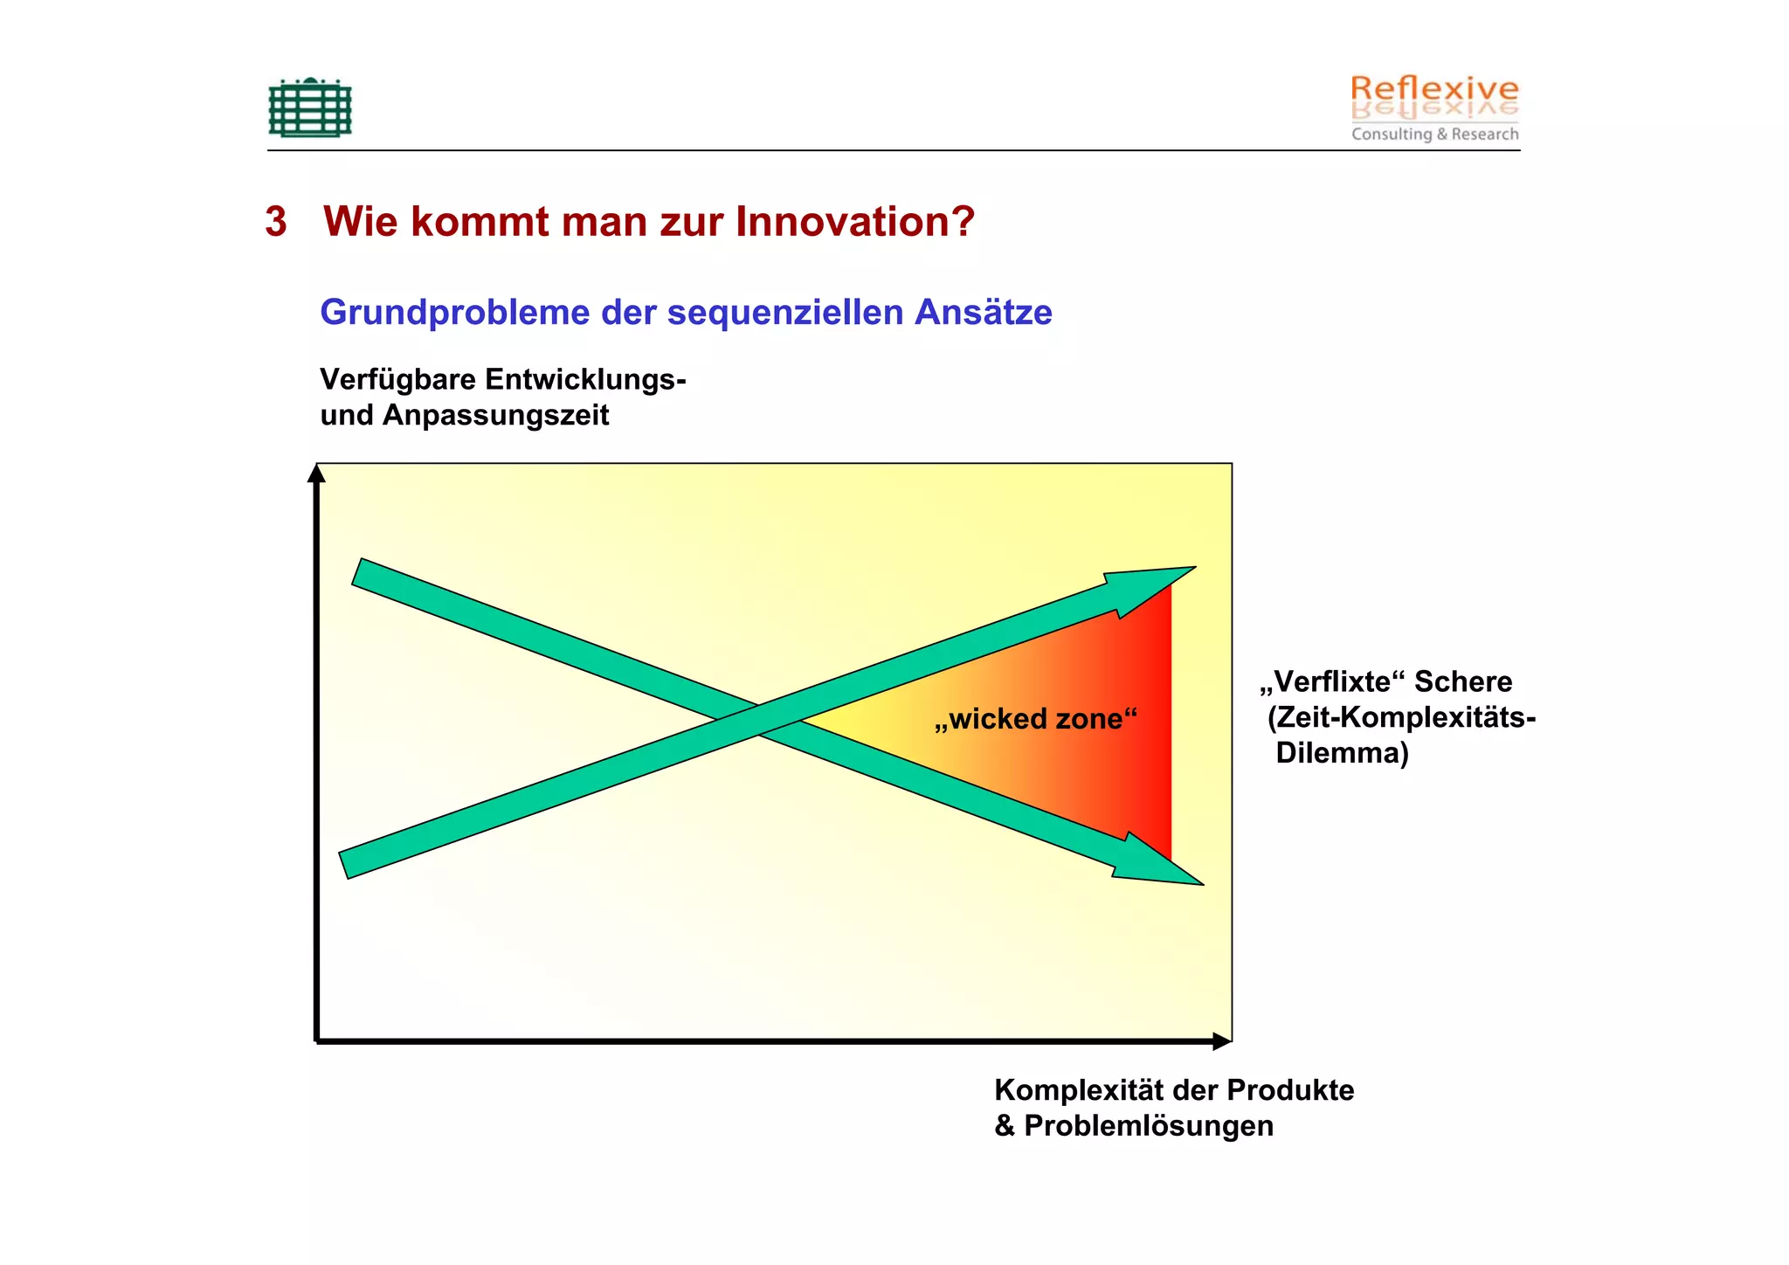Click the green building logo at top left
pyautogui.click(x=310, y=108)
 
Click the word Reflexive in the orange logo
pyautogui.click(x=1433, y=89)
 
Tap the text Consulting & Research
pyautogui.click(x=1434, y=134)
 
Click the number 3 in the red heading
pyautogui.click(x=276, y=222)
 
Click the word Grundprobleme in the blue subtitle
pyautogui.click(x=454, y=313)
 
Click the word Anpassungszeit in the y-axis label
pyautogui.click(x=495, y=415)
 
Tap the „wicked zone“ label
pyautogui.click(x=1035, y=719)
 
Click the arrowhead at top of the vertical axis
pyautogui.click(x=316, y=474)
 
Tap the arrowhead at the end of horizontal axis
pyautogui.click(x=1221, y=1041)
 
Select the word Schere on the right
pyautogui.click(x=1463, y=681)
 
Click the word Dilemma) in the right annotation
pyautogui.click(x=1342, y=753)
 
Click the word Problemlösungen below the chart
pyautogui.click(x=1148, y=1126)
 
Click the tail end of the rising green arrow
pyautogui.click(x=345, y=864)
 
